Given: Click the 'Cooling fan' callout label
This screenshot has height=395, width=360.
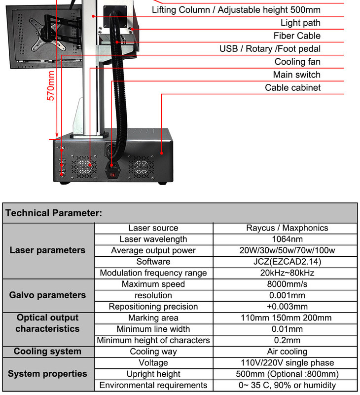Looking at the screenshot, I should click(x=297, y=62).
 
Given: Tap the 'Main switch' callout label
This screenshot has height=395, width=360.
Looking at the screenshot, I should click(x=296, y=75).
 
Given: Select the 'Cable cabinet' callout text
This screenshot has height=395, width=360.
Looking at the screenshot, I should click(x=292, y=87).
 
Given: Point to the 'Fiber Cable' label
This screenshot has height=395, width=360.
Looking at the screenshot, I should click(x=297, y=36).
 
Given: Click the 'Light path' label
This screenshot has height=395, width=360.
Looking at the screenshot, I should click(x=300, y=23).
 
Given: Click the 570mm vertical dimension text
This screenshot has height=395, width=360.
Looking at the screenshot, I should click(x=51, y=85).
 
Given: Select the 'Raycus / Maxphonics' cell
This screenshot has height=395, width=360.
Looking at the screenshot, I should click(x=287, y=228).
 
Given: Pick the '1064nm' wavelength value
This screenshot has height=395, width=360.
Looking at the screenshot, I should click(x=287, y=239).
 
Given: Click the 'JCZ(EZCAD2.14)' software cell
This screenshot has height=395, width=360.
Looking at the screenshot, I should click(x=287, y=262).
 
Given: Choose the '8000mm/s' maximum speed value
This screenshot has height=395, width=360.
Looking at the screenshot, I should click(x=287, y=284).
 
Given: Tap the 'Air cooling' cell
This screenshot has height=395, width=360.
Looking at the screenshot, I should click(x=287, y=352).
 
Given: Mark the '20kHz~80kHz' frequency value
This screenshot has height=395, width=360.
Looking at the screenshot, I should click(x=287, y=273).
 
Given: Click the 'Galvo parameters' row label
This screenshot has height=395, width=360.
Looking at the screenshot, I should click(x=47, y=295).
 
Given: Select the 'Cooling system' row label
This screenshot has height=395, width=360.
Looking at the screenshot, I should click(x=47, y=352).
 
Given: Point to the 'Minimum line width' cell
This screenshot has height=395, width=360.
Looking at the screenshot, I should click(x=153, y=329).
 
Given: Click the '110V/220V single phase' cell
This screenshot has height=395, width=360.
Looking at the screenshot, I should click(x=287, y=363).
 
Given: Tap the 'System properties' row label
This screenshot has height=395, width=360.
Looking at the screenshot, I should click(x=47, y=374).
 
